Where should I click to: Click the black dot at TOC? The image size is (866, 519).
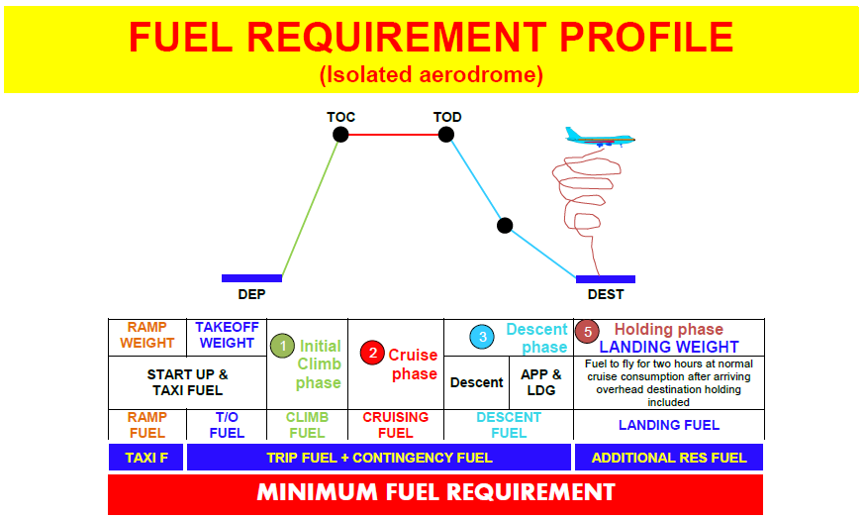tap(340, 134)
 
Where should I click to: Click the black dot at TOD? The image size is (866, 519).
tap(447, 134)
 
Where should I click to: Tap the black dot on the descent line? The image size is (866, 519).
tap(505, 225)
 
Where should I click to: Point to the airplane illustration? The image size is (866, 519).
tap(599, 138)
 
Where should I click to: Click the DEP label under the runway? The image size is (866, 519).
tap(251, 294)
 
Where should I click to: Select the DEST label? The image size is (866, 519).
tap(606, 294)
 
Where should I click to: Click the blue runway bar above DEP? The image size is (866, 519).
tap(251, 278)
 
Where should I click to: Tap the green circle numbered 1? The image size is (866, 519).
tap(282, 346)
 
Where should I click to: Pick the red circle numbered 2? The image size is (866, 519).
tap(373, 352)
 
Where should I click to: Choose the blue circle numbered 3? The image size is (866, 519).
tap(483, 337)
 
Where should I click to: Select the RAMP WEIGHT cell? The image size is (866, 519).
tap(146, 336)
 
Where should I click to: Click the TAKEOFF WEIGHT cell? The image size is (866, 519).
tap(227, 336)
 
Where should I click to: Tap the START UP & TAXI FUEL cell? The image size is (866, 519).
tap(187, 382)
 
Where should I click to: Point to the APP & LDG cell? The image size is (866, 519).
tap(540, 382)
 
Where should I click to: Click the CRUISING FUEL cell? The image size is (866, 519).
tap(395, 425)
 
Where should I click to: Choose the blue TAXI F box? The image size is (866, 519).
tap(145, 458)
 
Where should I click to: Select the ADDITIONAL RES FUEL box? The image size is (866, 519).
tap(668, 458)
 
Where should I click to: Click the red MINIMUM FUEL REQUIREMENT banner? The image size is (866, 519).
tap(435, 492)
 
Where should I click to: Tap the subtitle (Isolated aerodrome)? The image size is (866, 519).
tap(431, 74)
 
